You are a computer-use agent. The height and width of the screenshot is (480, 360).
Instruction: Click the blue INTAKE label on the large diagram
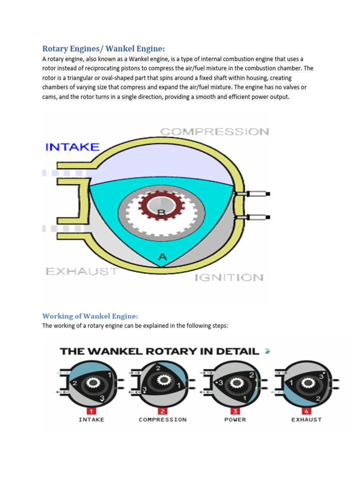click(x=72, y=147)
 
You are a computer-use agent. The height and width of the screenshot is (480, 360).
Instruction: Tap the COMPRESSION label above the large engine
click(x=215, y=132)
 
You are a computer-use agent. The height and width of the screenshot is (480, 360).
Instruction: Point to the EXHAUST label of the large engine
click(x=82, y=271)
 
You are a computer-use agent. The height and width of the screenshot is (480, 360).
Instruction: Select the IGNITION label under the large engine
click(x=229, y=277)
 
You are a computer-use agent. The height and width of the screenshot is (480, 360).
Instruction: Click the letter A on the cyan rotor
click(x=162, y=257)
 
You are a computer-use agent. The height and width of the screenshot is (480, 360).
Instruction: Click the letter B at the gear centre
click(x=161, y=213)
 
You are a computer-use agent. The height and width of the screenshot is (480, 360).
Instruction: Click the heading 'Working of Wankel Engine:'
click(x=90, y=316)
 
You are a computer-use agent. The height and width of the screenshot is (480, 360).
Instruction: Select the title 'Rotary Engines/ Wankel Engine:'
click(x=104, y=49)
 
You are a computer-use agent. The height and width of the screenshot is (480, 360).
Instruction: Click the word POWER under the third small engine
click(x=235, y=420)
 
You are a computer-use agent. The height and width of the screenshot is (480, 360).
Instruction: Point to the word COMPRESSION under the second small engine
click(x=162, y=420)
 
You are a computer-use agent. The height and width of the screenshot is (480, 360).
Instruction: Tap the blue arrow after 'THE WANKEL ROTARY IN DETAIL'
click(x=267, y=351)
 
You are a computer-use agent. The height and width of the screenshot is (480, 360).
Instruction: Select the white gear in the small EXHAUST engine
click(x=308, y=383)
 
